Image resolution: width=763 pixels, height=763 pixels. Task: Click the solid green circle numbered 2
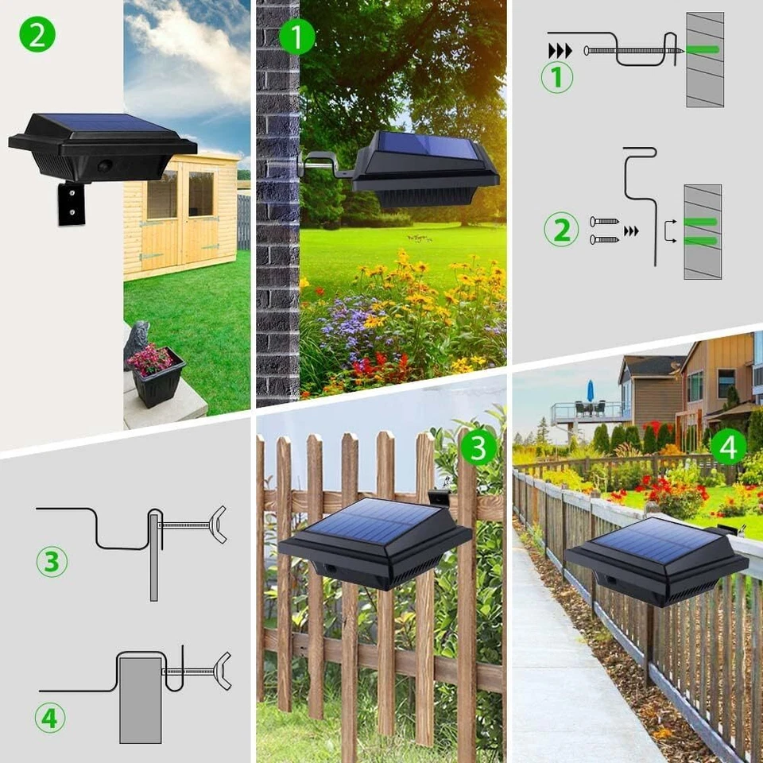point(37,34)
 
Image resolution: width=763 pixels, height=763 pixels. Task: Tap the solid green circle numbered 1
point(297,37)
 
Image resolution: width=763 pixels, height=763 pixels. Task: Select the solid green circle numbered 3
point(478,448)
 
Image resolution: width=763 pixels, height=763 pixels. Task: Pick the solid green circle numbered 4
point(728,447)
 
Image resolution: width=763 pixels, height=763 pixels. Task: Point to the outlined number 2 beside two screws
point(561,230)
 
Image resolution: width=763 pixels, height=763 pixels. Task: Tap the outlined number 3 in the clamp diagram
point(51,561)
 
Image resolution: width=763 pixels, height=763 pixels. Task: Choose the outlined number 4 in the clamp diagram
point(50,718)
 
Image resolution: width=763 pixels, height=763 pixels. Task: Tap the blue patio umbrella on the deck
point(591,391)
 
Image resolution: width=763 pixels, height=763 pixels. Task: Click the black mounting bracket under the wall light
point(72,203)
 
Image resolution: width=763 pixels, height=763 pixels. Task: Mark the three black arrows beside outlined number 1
point(560,51)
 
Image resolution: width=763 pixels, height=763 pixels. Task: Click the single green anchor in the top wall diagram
point(703,50)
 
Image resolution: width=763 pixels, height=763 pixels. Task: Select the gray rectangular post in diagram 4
point(140,699)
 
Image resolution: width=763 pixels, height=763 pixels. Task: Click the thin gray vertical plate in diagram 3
point(154,557)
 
